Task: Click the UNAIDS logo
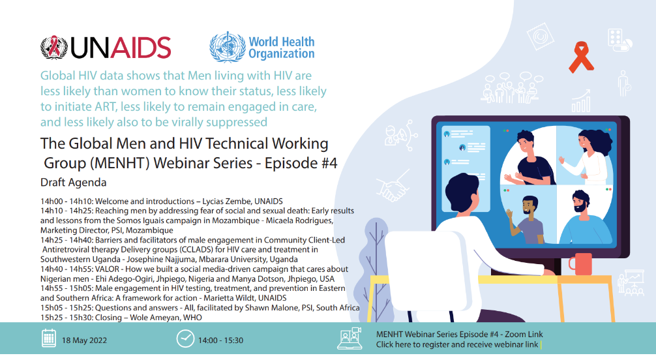point(106,47)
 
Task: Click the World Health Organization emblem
point(226,46)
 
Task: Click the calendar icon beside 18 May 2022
point(48,339)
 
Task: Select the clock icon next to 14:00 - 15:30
point(185,339)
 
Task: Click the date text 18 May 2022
point(85,340)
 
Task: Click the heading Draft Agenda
point(73,182)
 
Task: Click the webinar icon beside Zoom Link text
point(351,339)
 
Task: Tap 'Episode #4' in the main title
point(300,162)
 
